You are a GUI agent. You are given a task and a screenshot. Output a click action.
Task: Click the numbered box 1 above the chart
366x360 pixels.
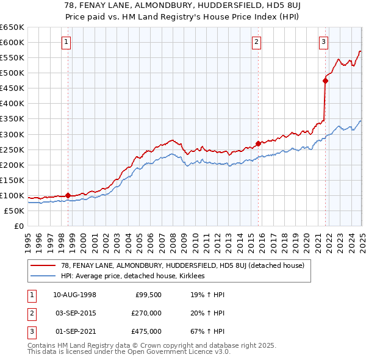click(66, 42)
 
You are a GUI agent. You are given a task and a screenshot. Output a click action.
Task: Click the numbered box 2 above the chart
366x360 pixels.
click(257, 42)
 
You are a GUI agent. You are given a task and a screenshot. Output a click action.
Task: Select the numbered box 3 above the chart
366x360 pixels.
click(323, 42)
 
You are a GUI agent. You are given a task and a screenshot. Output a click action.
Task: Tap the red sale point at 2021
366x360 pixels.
click(325, 80)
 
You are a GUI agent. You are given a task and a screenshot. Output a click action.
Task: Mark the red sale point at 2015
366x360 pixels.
click(258, 143)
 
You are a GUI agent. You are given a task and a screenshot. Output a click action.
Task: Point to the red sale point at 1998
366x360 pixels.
click(68, 195)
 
